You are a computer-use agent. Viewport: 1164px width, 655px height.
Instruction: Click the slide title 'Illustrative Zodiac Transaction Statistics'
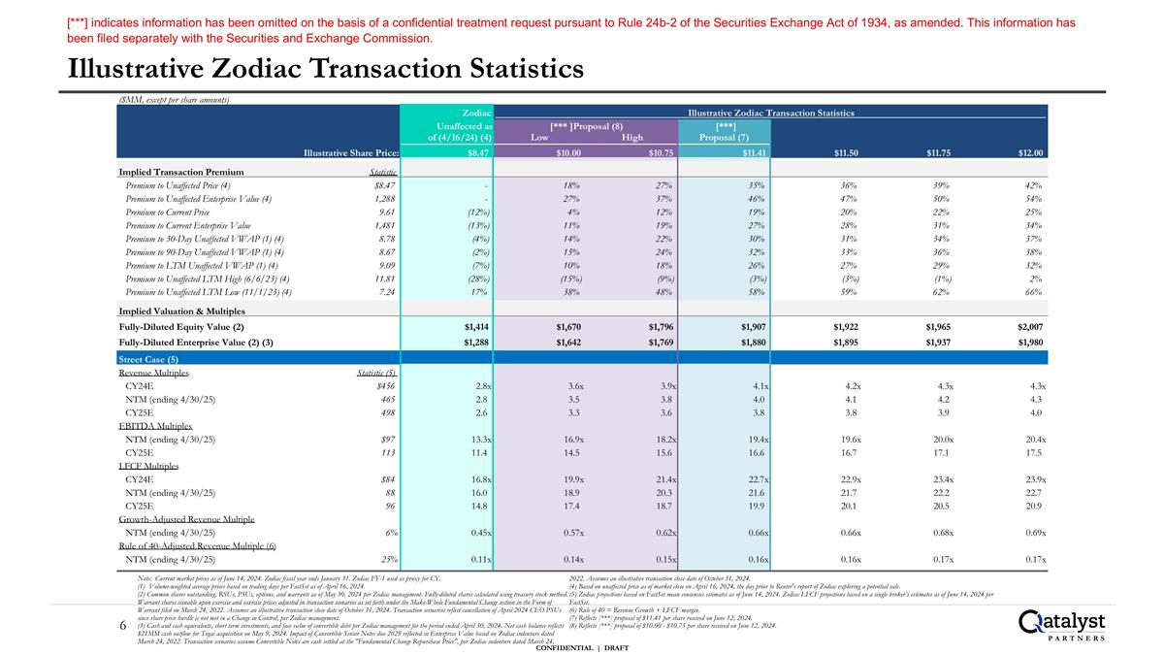pyautogui.click(x=325, y=69)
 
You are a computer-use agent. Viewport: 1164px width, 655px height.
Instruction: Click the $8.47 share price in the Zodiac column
pyautogui.click(x=477, y=152)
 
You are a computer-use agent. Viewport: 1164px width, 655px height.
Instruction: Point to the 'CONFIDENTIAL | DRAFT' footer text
pyautogui.click(x=582, y=647)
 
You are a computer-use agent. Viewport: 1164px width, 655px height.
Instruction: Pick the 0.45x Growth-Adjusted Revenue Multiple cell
pyautogui.click(x=476, y=533)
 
